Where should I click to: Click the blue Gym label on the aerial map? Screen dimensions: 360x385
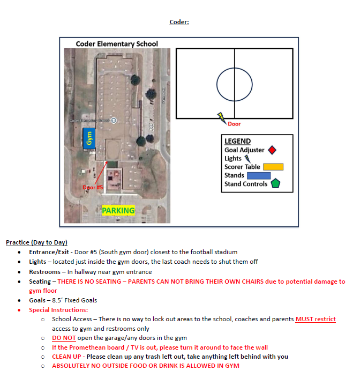89,138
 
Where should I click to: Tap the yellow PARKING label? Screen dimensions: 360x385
118,210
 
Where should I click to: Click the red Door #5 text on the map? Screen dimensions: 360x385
93,187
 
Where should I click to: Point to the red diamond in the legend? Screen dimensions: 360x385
272,150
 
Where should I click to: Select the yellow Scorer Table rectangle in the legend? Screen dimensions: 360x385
273,167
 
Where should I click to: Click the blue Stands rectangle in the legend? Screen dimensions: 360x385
259,175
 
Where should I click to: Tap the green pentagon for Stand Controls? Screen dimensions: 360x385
275,183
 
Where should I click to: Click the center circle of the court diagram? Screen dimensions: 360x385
235,68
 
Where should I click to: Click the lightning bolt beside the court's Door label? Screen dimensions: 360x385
222,118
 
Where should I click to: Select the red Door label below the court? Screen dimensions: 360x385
234,124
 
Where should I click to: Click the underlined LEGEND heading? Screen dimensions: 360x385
238,141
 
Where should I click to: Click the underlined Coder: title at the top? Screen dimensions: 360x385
179,22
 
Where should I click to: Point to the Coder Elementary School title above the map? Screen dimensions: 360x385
117,44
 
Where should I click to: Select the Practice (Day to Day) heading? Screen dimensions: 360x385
36,242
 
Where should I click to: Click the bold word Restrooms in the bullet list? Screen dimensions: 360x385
44,272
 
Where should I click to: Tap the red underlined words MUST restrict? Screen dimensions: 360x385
316,319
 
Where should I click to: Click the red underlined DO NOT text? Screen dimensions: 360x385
64,338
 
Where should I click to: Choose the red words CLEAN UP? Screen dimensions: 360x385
66,357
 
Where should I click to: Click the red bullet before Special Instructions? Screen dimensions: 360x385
19,310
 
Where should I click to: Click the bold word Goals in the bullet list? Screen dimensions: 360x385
37,300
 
